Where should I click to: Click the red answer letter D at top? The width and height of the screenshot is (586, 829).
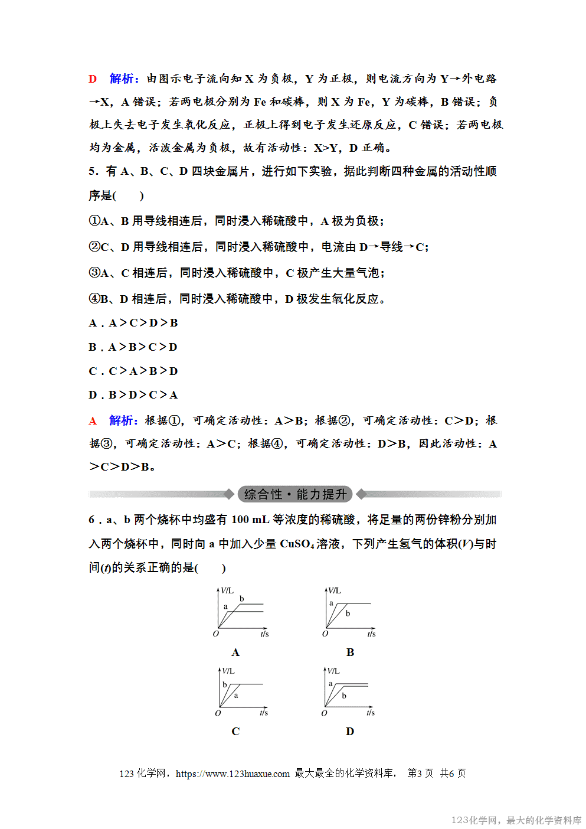(x=93, y=79)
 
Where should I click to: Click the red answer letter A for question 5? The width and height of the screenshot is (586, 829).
(x=93, y=421)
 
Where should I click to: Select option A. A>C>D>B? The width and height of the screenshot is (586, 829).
(x=133, y=323)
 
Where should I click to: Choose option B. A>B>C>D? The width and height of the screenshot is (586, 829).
(x=133, y=347)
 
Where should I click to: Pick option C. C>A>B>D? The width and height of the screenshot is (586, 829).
(x=133, y=371)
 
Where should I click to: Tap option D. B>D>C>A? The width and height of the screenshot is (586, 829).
(x=133, y=395)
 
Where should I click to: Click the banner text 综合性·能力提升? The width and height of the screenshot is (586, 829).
(x=295, y=494)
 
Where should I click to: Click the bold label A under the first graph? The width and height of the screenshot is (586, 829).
(x=235, y=652)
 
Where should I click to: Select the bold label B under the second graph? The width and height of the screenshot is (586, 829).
(x=350, y=652)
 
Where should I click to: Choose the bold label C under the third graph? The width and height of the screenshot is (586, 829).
(x=235, y=732)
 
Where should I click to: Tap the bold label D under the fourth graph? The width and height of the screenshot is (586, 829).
(x=350, y=732)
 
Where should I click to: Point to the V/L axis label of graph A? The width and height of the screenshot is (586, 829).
(x=227, y=590)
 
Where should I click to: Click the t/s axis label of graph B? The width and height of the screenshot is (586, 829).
(x=371, y=634)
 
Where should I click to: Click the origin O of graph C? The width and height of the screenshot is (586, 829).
(x=218, y=713)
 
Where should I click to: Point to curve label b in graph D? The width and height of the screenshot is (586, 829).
(x=344, y=696)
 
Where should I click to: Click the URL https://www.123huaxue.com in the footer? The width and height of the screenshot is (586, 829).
(x=233, y=773)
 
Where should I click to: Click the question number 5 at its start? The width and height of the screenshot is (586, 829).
(x=92, y=172)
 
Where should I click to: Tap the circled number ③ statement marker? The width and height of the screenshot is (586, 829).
(x=94, y=273)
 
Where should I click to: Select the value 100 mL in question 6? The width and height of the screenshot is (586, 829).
(x=250, y=520)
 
